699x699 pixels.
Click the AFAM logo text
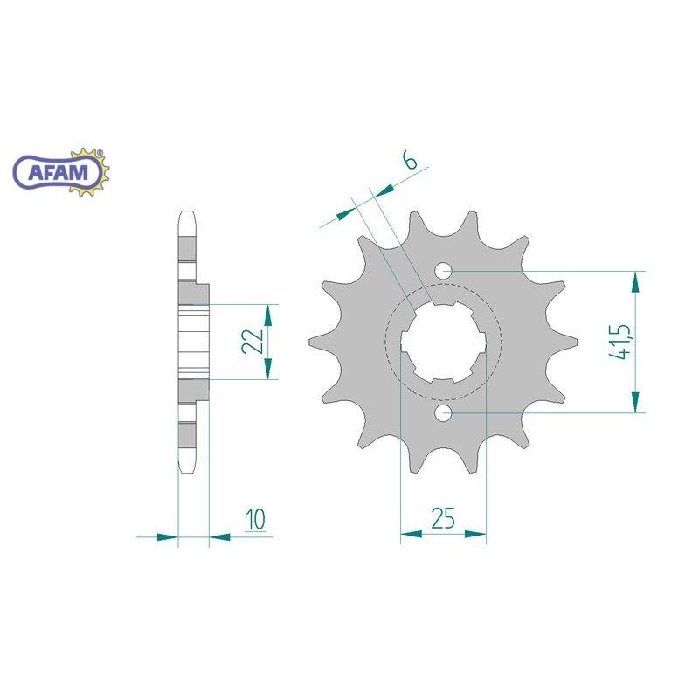[58, 172]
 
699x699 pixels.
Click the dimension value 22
[253, 341]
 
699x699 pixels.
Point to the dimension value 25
[443, 517]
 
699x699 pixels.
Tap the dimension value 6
[410, 161]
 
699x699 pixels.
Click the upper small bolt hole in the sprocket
[444, 271]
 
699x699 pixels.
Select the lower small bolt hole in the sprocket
[444, 413]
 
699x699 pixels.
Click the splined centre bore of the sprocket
[444, 342]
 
